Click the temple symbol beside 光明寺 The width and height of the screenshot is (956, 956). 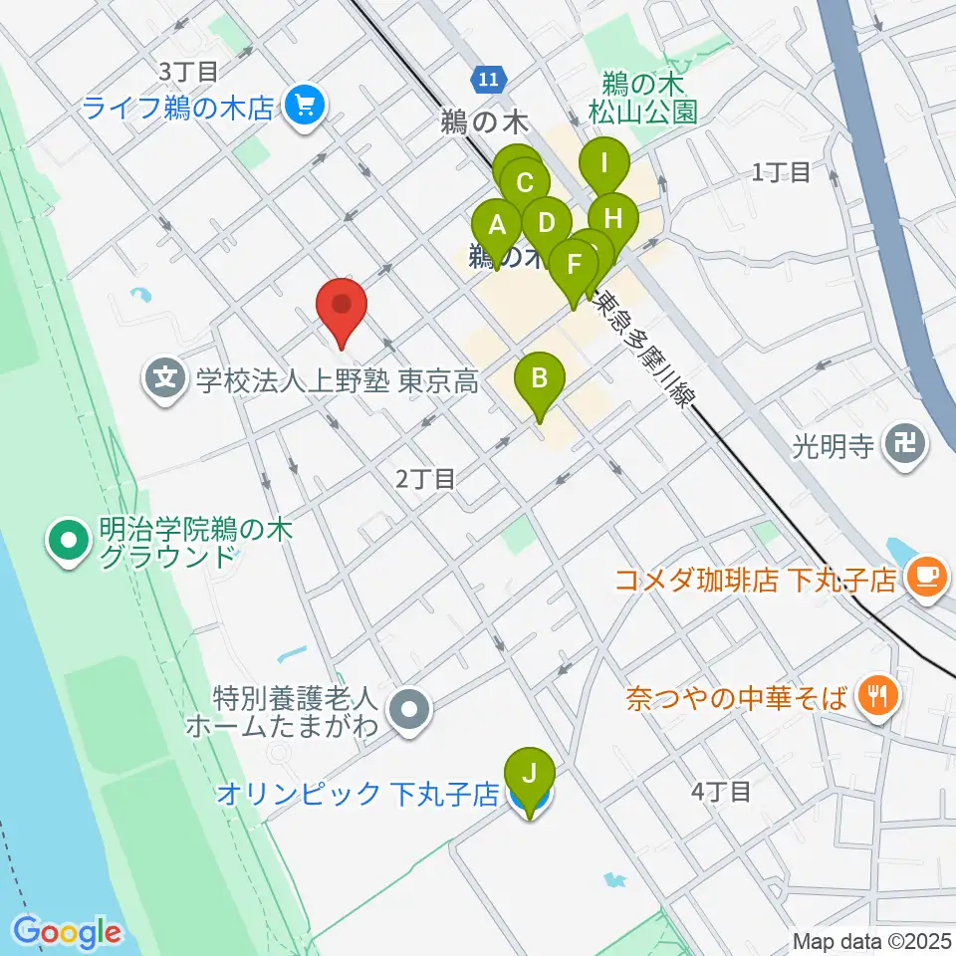click(x=906, y=445)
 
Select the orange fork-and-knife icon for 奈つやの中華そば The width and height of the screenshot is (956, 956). click(x=877, y=695)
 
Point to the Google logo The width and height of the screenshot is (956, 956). click(x=68, y=932)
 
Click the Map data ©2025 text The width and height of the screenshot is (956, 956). click(x=872, y=940)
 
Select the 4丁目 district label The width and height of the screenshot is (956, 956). click(x=721, y=792)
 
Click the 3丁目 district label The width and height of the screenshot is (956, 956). click(x=188, y=71)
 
